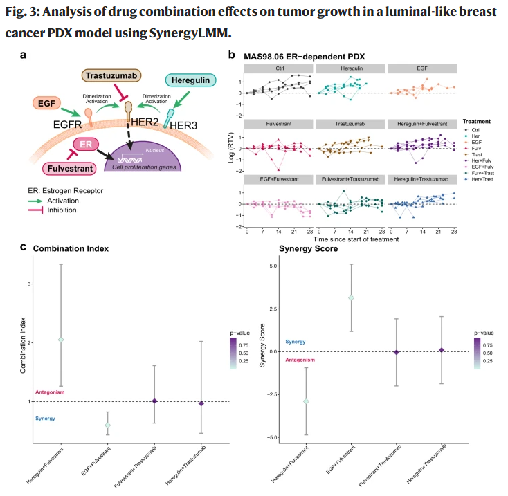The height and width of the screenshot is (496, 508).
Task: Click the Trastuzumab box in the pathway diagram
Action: pos(114,75)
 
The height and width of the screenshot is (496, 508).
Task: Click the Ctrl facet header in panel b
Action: pos(280,68)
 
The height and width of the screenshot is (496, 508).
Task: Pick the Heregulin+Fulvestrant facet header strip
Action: pos(422,124)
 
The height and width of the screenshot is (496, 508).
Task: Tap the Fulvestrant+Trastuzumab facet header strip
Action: pos(351,180)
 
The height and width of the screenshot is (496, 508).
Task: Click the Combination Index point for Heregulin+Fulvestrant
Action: pos(61,340)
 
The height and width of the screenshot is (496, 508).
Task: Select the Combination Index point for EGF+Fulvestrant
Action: pos(107,425)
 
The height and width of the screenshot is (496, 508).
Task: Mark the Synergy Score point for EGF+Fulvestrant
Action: pos(351,297)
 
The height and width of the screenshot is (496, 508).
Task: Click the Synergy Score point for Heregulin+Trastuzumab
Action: pos(442,350)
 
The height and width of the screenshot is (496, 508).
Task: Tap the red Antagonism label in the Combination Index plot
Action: pos(50,392)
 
